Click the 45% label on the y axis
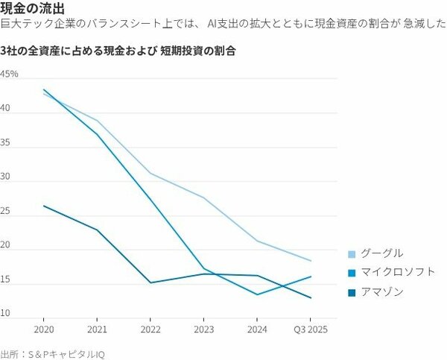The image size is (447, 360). pyautogui.click(x=10, y=75)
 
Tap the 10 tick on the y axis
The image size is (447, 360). pyautogui.click(x=6, y=314)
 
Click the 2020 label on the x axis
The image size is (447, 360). pyautogui.click(x=44, y=328)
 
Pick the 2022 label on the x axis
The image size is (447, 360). pyautogui.click(x=150, y=328)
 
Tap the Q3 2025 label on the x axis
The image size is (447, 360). pyautogui.click(x=310, y=328)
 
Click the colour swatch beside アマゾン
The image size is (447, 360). pyautogui.click(x=352, y=292)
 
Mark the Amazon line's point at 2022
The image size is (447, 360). pyautogui.click(x=150, y=282)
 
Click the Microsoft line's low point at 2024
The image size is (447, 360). pyautogui.click(x=257, y=294)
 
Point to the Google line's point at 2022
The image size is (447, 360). pyautogui.click(x=150, y=173)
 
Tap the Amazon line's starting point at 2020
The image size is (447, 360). pyautogui.click(x=44, y=206)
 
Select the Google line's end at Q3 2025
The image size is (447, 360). pyautogui.click(x=310, y=261)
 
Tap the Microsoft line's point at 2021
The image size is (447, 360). pyautogui.click(x=98, y=134)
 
